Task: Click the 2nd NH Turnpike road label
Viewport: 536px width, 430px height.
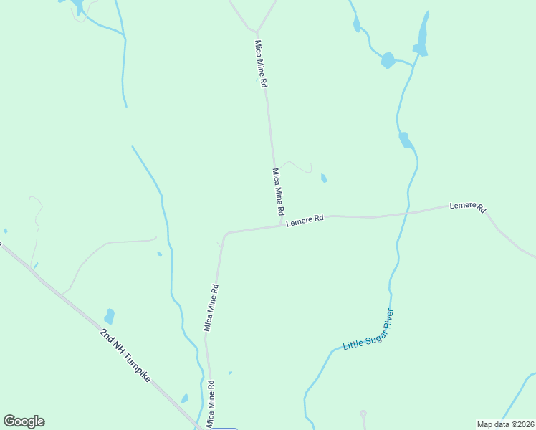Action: [x=125, y=355]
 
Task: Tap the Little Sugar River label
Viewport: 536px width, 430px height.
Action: [x=368, y=330]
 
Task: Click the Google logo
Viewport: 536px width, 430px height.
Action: [x=24, y=421]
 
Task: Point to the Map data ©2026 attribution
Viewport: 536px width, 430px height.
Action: [x=505, y=424]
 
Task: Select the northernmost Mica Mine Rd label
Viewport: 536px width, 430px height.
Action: [x=262, y=64]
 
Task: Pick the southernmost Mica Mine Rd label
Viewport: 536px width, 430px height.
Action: [x=211, y=404]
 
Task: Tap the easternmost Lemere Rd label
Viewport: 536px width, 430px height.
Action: [x=468, y=206]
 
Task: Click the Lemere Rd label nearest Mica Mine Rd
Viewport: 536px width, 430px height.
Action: [x=305, y=220]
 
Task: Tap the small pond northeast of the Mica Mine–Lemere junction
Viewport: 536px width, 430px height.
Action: [x=324, y=178]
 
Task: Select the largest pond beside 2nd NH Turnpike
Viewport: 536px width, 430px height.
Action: [x=109, y=316]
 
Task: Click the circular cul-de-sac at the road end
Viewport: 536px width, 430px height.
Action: [x=363, y=414]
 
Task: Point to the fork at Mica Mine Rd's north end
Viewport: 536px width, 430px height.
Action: [x=256, y=31]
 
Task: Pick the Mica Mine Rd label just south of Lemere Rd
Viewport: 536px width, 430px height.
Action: [x=211, y=307]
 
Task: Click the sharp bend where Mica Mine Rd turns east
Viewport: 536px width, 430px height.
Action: [x=226, y=234]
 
